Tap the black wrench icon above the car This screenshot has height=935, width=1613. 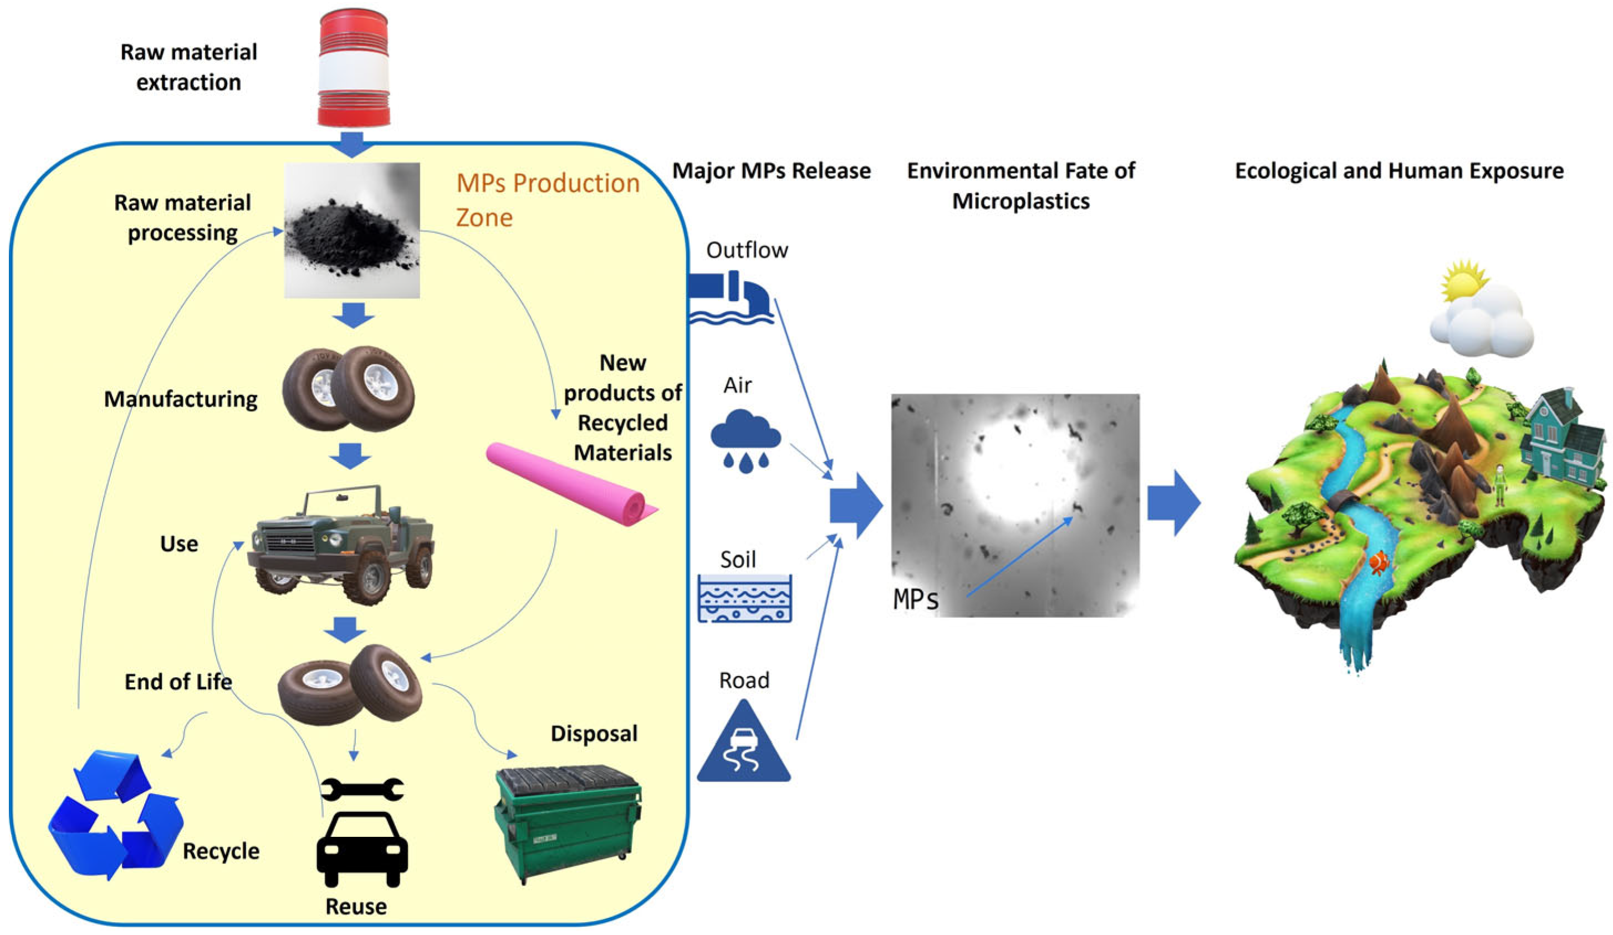click(361, 789)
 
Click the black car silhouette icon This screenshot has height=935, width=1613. click(361, 848)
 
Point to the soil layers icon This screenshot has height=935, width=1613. click(744, 598)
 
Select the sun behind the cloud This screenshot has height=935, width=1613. click(1463, 280)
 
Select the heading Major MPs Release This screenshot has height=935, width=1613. click(770, 171)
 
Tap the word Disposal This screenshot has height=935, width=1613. click(594, 733)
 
